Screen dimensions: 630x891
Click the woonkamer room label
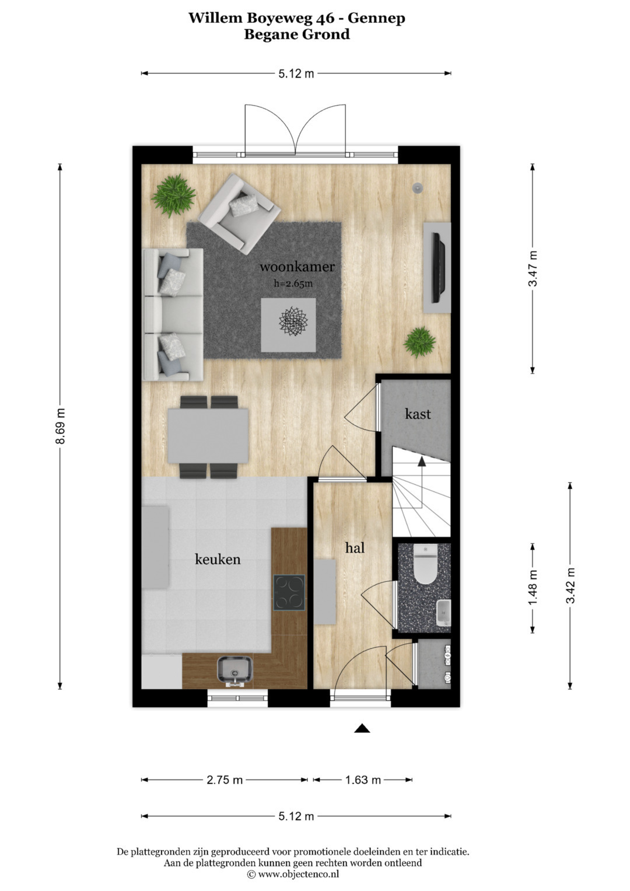[x=297, y=267]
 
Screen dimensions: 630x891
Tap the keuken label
[x=218, y=559]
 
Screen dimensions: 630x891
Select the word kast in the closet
[x=418, y=414]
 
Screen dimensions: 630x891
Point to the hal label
[x=355, y=548]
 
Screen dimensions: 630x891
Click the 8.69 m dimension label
[x=61, y=426]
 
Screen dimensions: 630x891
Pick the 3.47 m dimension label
[x=533, y=268]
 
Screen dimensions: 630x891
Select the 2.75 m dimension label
[x=225, y=780]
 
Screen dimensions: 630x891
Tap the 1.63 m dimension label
[x=363, y=780]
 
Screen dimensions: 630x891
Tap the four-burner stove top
[x=289, y=592]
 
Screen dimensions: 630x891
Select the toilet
[x=425, y=564]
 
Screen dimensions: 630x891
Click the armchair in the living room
[x=240, y=214]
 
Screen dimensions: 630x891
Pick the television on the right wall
[x=437, y=267]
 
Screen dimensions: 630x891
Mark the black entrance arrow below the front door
[x=362, y=728]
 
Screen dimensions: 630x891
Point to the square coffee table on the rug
[x=288, y=325]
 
